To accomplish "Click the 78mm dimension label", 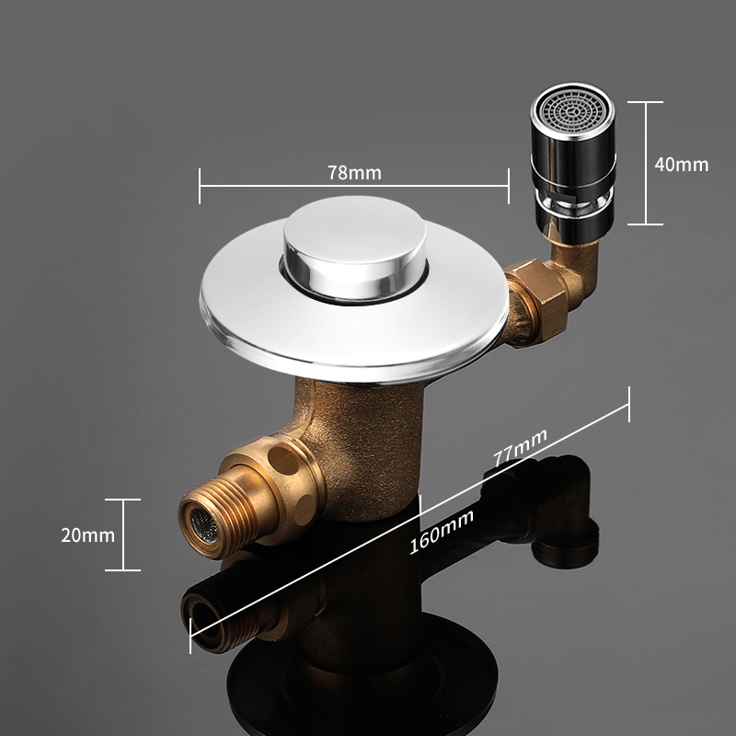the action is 354,173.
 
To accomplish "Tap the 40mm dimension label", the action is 681,165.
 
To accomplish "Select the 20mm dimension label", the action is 87,535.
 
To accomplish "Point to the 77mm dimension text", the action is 520,447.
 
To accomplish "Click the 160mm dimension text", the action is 442,532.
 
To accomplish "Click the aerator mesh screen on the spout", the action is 571,112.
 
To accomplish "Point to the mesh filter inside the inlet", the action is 203,524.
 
